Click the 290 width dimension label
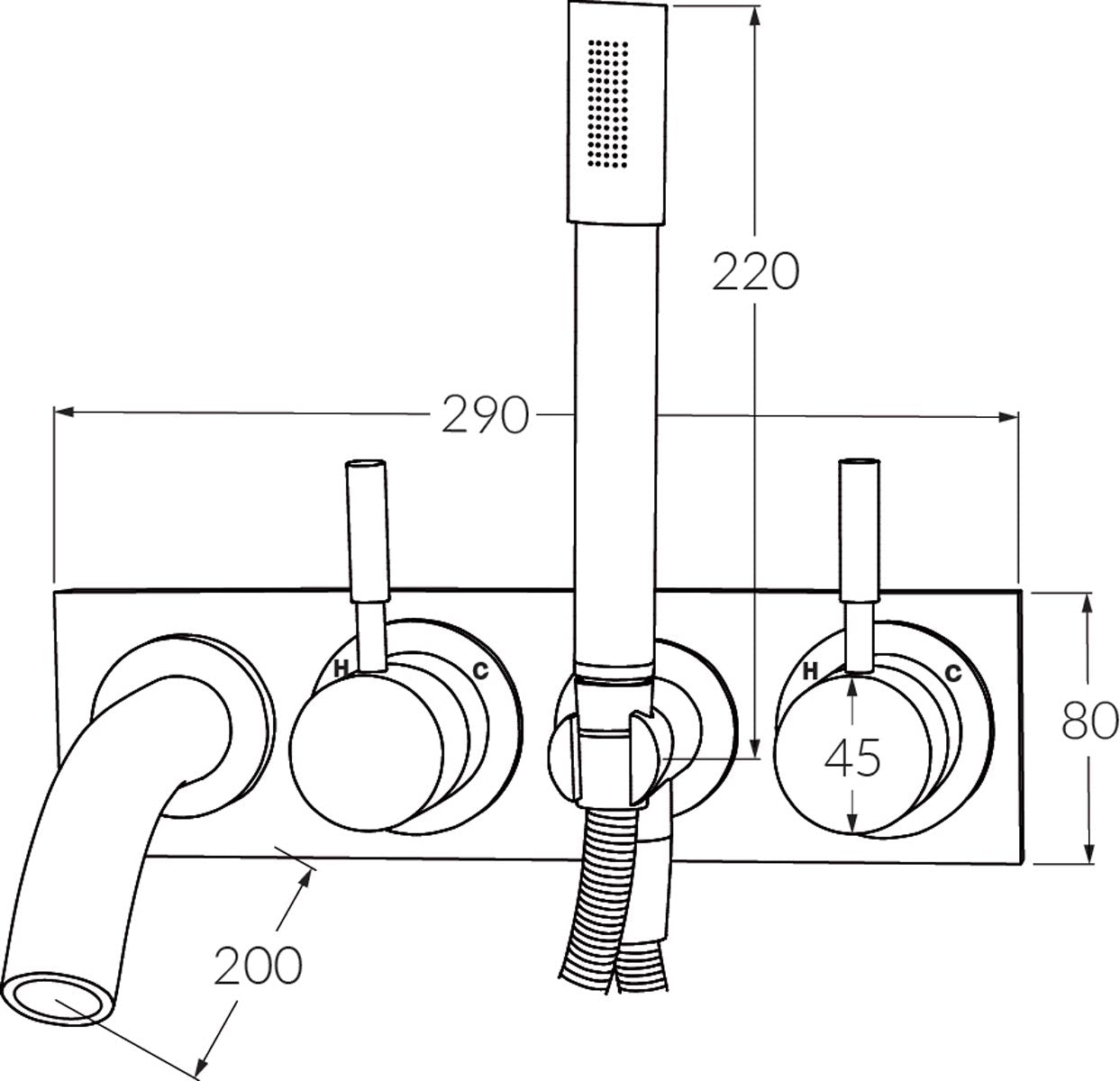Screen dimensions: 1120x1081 tap(485, 414)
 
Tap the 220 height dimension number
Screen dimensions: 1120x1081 tap(756, 271)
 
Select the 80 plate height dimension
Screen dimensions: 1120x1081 tap(1090, 721)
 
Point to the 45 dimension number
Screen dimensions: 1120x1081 tap(852, 759)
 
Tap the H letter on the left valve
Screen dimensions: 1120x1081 tap(341, 668)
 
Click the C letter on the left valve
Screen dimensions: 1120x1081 tap(480, 670)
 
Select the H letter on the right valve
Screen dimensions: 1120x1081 tap(810, 671)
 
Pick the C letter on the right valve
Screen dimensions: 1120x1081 tap(953, 672)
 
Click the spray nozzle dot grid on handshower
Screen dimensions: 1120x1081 tap(608, 104)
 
